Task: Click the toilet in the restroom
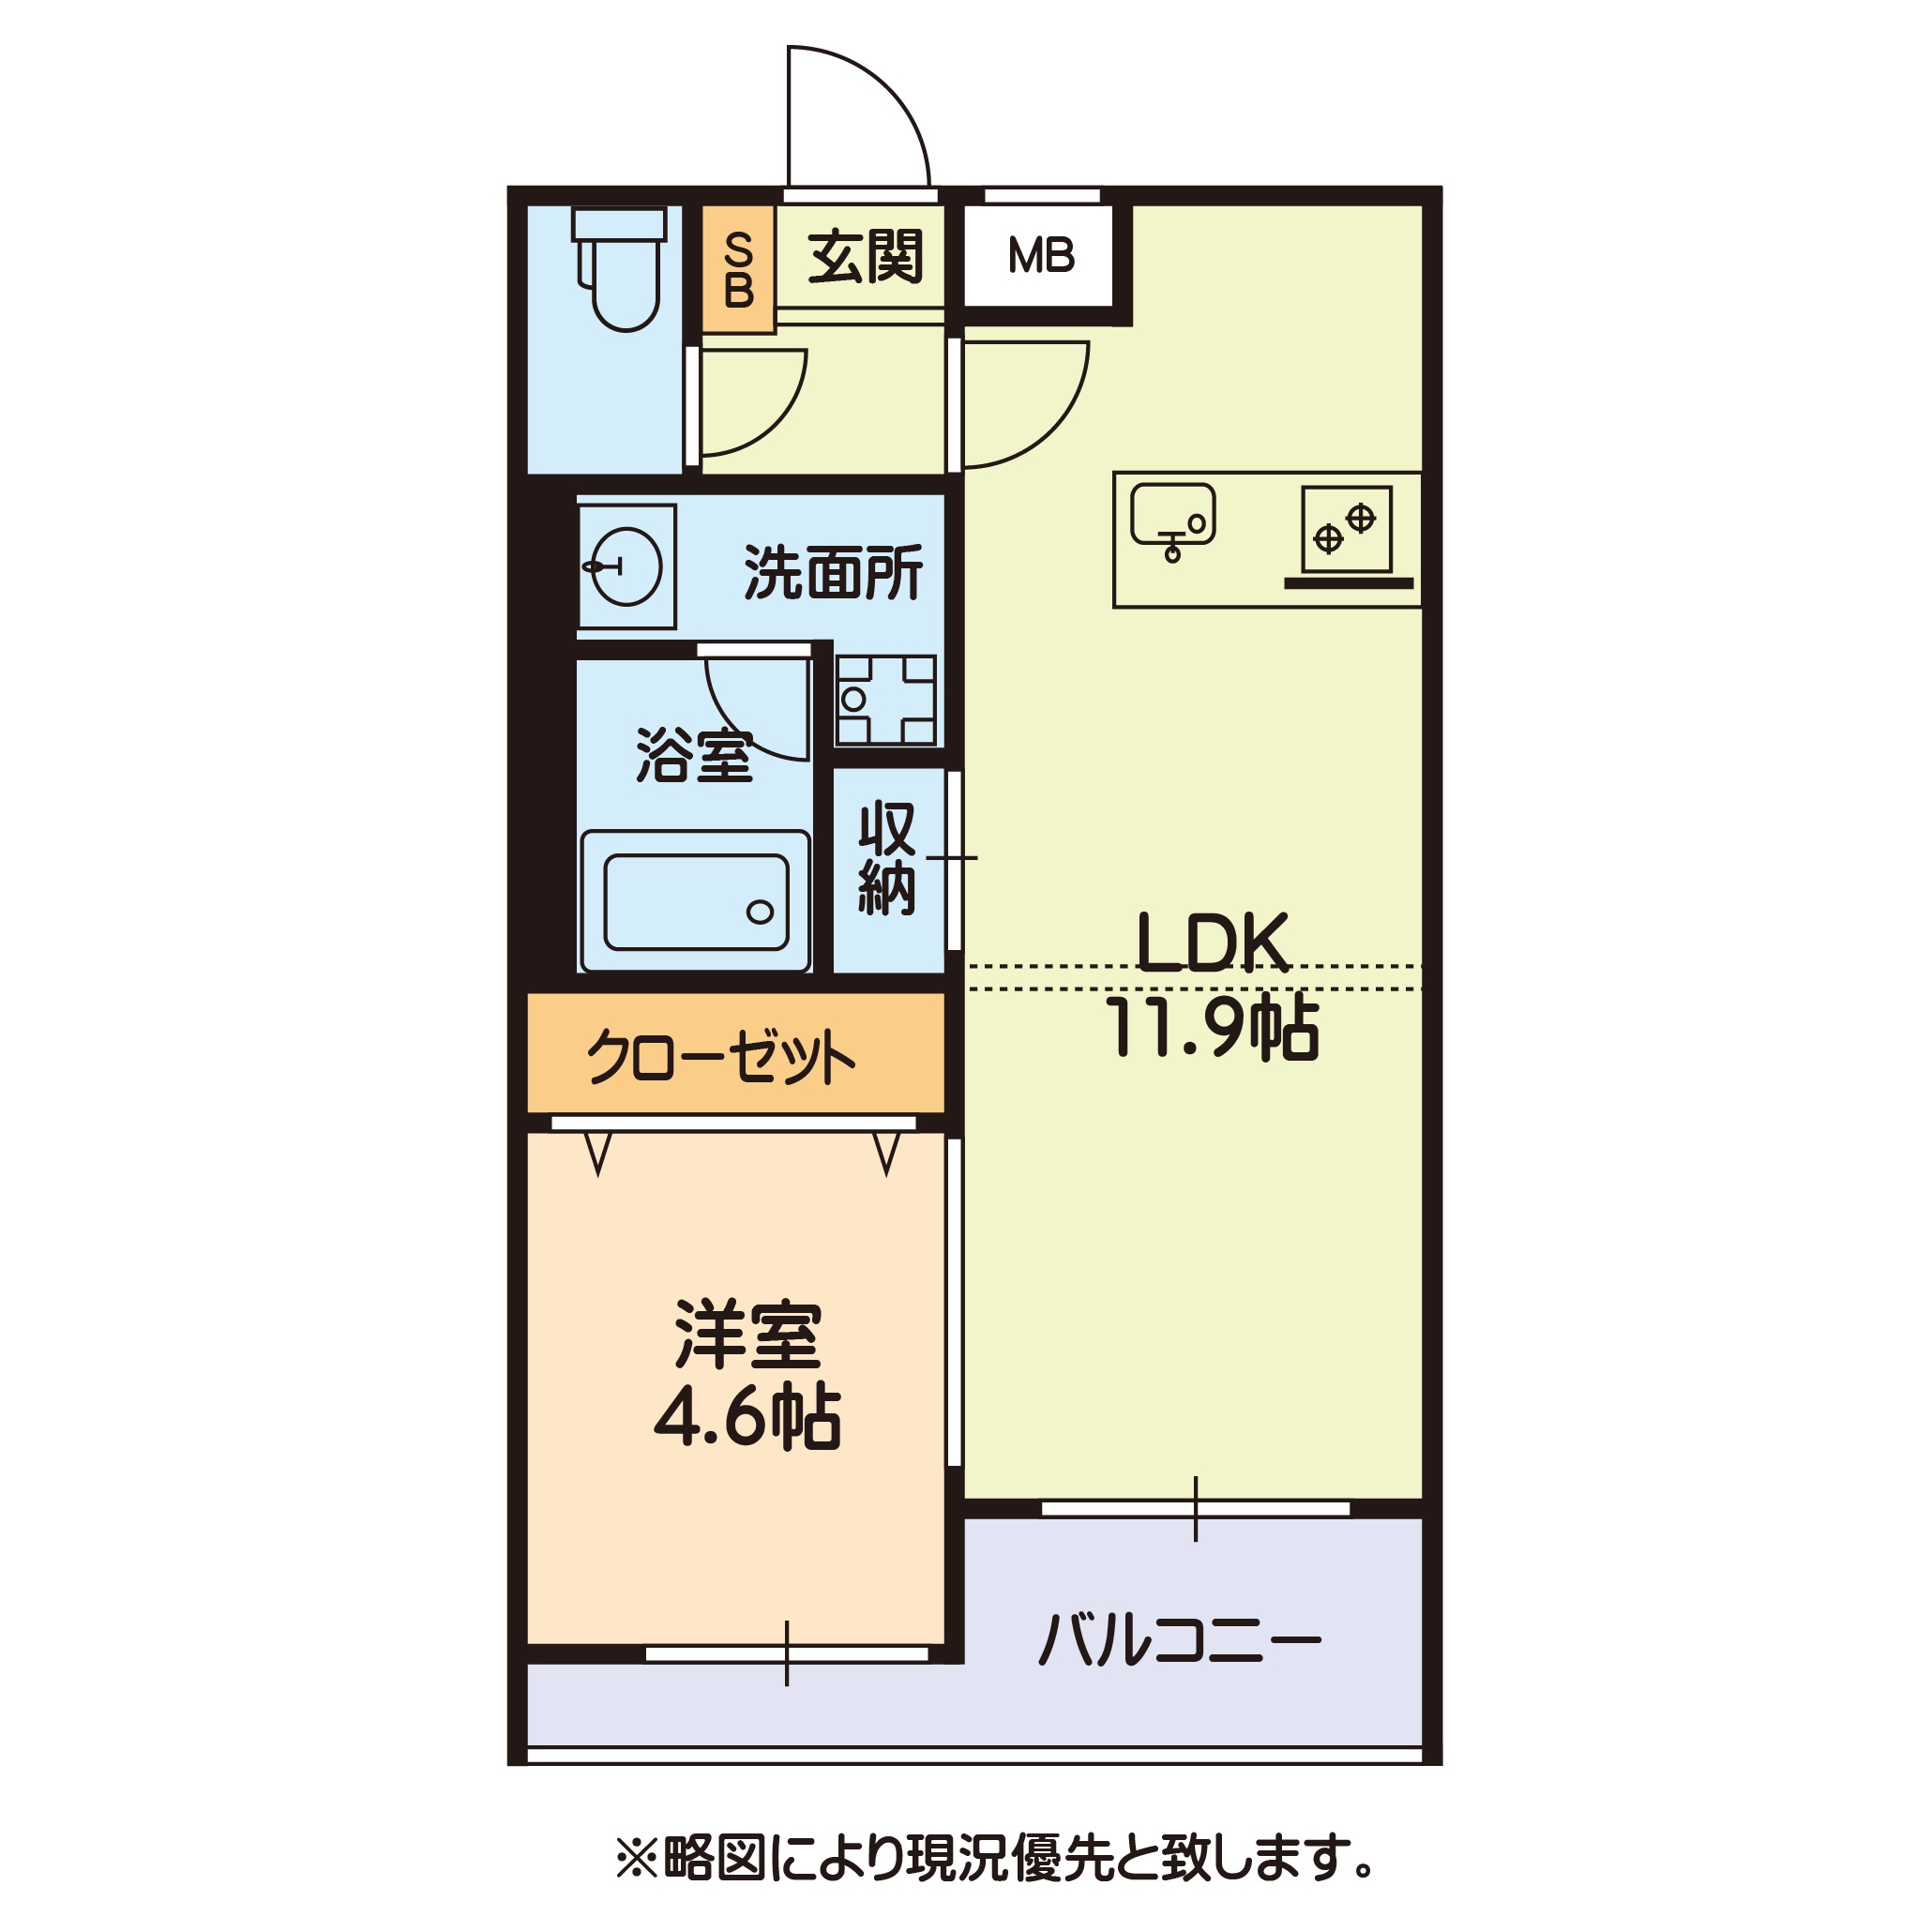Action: click(x=623, y=272)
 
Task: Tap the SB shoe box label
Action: click(x=738, y=270)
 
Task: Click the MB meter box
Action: click(x=1040, y=256)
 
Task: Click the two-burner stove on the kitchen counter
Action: click(x=1346, y=530)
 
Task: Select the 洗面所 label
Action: click(x=832, y=572)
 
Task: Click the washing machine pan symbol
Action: click(x=885, y=700)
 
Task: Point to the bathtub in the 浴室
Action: click(x=695, y=900)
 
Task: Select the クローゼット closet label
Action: click(x=721, y=1058)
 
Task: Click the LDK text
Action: click(x=1211, y=943)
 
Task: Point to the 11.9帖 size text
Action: click(x=1211, y=1029)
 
